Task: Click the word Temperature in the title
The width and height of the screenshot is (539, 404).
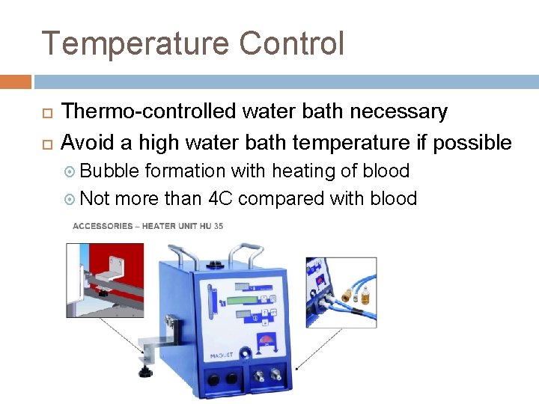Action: [135, 43]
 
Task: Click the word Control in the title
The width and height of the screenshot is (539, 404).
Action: [292, 43]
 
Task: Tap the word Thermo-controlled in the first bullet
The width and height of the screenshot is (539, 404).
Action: [150, 112]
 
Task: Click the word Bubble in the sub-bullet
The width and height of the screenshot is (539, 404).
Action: [109, 171]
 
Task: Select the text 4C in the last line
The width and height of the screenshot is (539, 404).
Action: [220, 198]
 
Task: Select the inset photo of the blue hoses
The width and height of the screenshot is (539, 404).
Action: [341, 292]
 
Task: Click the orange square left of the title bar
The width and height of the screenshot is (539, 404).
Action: [15, 82]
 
